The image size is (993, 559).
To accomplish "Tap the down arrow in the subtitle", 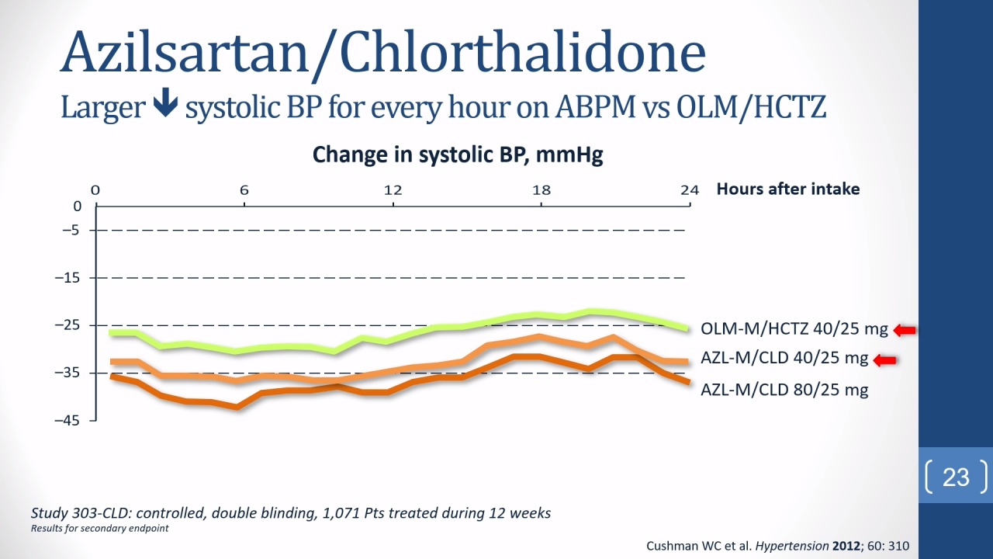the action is point(165,102).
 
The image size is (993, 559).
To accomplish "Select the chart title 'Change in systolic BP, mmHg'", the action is point(458,155).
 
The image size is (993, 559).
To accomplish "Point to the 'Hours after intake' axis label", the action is point(788,189).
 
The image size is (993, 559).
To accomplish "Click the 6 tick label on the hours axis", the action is point(244,190).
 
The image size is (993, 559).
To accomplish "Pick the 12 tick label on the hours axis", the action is point(393,190).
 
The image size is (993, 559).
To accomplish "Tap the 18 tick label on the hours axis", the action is point(541,190).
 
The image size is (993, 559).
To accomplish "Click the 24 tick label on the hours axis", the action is point(690,190).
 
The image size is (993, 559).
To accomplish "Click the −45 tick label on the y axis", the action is point(67,420).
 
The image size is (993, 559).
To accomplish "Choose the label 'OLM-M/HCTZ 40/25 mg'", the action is point(794,329).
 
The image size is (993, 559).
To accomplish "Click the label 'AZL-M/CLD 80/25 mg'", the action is point(784,390).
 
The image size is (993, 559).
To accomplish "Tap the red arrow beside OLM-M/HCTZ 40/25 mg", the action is point(905,330).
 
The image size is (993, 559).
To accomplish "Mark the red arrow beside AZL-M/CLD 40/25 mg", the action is point(884,360).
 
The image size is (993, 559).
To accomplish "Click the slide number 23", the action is point(956,477).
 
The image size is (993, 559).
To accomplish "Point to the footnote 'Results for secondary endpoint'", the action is point(100,529).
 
